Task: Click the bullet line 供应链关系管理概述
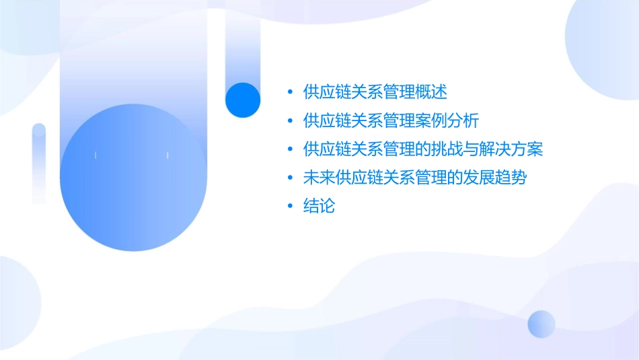click(375, 92)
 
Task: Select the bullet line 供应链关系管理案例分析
click(391, 120)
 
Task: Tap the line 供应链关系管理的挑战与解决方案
click(423, 149)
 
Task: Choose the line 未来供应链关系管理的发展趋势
click(415, 178)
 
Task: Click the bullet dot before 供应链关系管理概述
click(290, 92)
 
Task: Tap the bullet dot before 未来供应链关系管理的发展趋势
click(290, 178)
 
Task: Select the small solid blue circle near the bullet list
click(242, 100)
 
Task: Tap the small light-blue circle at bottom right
click(541, 324)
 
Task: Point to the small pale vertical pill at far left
click(39, 161)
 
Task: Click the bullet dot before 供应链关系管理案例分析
click(290, 120)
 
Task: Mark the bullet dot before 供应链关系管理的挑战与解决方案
click(290, 149)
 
